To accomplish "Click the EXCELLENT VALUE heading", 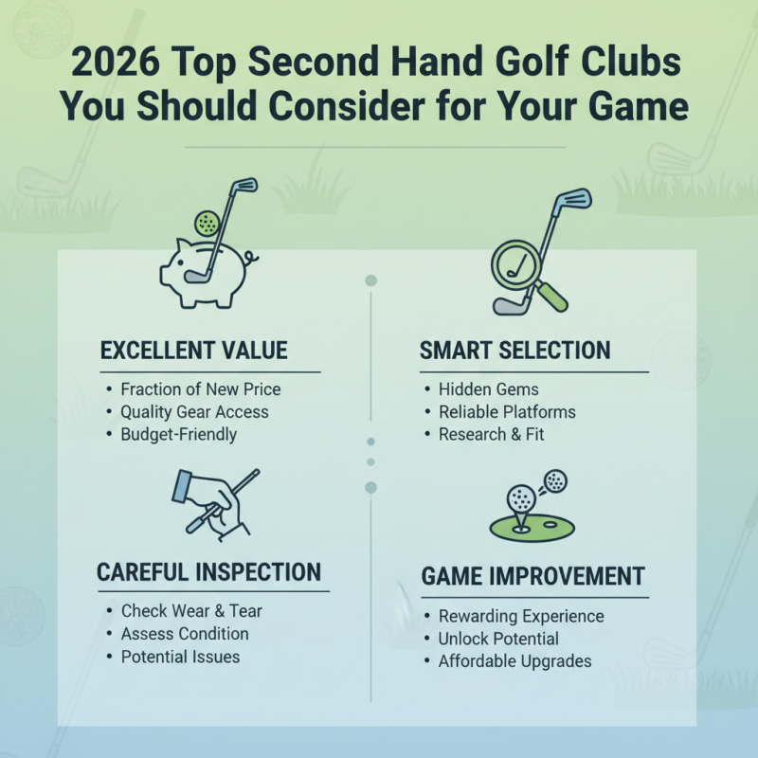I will click(193, 352).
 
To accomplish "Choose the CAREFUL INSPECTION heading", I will click(208, 572).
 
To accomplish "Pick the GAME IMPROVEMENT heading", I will click(533, 576).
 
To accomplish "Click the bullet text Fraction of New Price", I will click(200, 389).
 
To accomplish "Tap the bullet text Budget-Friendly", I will click(178, 435).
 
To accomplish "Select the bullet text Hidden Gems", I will click(488, 389).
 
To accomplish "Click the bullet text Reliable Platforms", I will click(507, 412).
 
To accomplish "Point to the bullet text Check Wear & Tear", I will click(191, 611).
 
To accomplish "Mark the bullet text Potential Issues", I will click(180, 657).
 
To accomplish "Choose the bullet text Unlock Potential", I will click(498, 639).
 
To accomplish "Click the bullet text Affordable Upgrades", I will click(514, 661).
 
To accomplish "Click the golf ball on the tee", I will click(520, 497).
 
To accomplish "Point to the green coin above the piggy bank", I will click(207, 224).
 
